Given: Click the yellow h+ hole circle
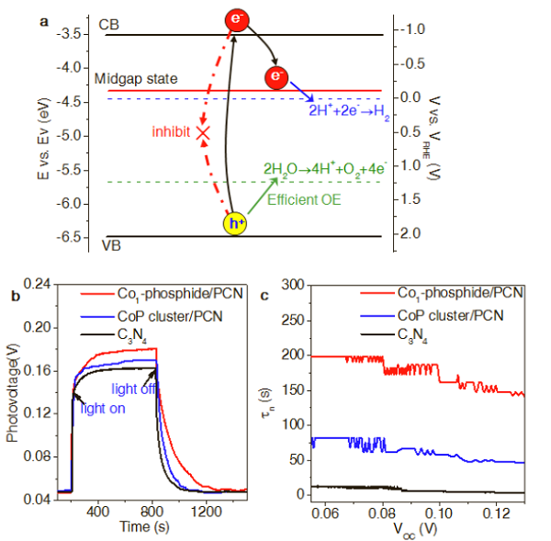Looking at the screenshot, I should pos(237,222).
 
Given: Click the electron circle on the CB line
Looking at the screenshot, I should pos(238,18).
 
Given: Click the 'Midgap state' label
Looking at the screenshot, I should pos(135,80).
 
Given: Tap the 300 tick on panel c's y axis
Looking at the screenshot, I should pos(290,285).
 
